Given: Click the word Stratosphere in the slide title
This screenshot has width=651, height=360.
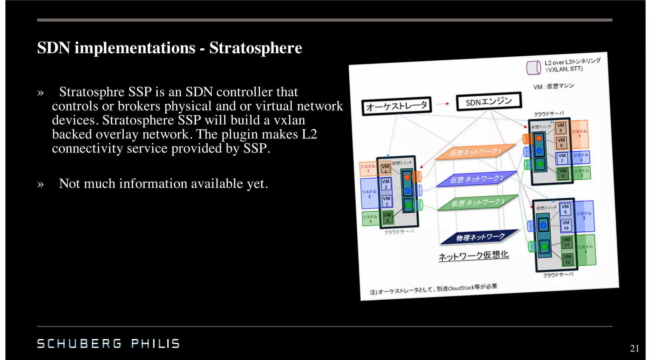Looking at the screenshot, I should click(x=256, y=48).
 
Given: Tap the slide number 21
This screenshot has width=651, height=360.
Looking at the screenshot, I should click(x=634, y=348).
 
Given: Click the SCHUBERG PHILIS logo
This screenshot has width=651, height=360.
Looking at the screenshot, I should click(x=108, y=343).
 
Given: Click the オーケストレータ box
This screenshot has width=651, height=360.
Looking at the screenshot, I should click(x=396, y=106).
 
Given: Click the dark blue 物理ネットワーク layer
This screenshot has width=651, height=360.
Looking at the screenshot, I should click(x=480, y=237).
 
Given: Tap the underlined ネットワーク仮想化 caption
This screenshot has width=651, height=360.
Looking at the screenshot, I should click(x=474, y=255).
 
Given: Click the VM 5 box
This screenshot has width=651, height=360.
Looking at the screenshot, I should click(x=560, y=127).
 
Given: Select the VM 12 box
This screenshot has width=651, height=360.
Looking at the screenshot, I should click(x=567, y=259).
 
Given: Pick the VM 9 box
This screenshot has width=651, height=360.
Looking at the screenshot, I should click(x=565, y=209).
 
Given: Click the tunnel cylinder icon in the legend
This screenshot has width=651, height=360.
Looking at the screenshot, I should click(x=533, y=67).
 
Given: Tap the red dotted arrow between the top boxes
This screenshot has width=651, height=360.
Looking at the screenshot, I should click(x=443, y=104).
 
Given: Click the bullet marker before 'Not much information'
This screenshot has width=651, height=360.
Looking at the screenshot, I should click(x=40, y=184).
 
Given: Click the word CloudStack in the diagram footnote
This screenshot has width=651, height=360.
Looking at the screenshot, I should click(x=461, y=288).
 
